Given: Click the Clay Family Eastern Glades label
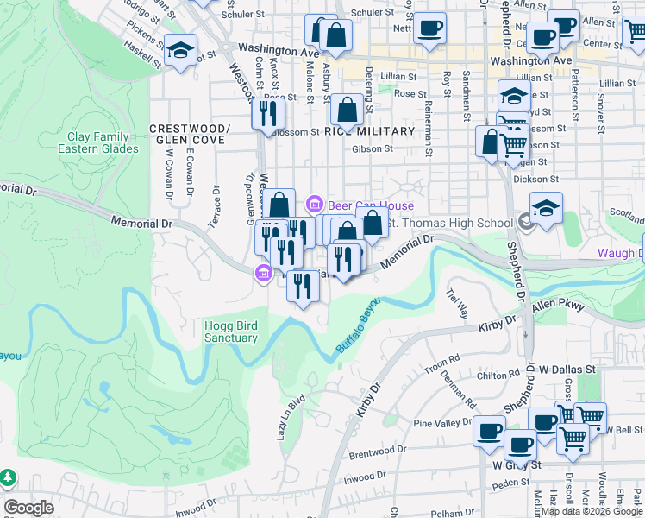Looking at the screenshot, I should click(98, 142).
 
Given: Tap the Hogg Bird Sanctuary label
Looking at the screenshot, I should click(231, 332).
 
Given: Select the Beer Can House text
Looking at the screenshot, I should click(371, 205).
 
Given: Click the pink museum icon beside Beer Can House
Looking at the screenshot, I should click(315, 205).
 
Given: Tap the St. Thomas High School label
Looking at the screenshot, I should click(447, 224).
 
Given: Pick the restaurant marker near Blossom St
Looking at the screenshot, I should click(267, 112).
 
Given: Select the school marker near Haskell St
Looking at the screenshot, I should click(181, 49).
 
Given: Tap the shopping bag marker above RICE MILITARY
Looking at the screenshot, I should click(347, 110).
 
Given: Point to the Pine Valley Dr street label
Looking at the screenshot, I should click(442, 423).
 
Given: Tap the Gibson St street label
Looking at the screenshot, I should click(373, 148).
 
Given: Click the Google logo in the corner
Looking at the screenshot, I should click(28, 508).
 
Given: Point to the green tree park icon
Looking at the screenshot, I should click(7, 477).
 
